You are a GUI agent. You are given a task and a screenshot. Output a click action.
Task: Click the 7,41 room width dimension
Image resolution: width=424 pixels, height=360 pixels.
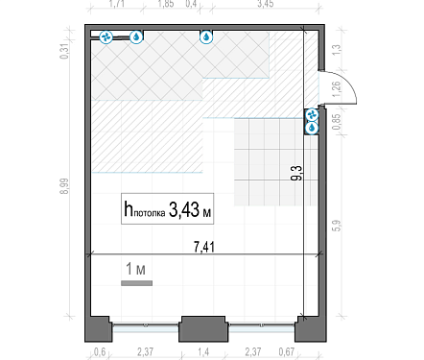pos(204,247)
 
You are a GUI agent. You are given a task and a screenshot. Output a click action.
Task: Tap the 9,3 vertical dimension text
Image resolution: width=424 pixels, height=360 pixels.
pos(296,173)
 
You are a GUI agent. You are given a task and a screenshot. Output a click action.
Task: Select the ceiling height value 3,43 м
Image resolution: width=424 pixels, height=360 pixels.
pos(190,210)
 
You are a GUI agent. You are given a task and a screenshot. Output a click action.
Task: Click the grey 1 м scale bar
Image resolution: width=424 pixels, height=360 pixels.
pos(136,283)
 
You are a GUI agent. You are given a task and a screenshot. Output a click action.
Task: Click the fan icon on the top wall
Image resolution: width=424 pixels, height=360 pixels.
pos(106,37)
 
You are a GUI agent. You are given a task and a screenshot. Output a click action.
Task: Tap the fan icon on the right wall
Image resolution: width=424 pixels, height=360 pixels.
pos(312,115)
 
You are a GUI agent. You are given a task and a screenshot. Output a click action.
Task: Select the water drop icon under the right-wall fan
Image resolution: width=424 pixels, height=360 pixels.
pos(312,129)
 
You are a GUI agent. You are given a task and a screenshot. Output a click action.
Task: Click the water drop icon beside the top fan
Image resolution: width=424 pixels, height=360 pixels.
pos(136,37)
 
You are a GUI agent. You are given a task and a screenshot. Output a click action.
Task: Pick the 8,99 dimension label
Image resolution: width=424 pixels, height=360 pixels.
pos(64,186)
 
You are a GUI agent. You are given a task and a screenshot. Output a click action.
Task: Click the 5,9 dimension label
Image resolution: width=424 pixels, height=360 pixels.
pos(337,226)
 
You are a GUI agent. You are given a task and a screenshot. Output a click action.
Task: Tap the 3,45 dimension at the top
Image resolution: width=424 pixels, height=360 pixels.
pos(266,4)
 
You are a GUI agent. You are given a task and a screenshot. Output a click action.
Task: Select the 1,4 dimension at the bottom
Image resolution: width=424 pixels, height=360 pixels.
pos(203,352)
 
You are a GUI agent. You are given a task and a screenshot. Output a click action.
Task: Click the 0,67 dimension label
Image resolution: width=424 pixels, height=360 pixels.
pos(287,352)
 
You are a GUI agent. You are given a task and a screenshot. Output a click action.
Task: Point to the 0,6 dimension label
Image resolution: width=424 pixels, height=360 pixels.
pos(100,352)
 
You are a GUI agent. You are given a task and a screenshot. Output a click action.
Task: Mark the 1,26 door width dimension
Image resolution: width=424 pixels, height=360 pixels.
pos(337,89)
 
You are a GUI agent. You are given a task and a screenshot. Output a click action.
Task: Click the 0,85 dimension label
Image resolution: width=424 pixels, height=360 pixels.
pos(337,122)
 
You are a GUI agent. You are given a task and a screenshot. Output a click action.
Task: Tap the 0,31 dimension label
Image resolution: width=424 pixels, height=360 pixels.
pos(64,51)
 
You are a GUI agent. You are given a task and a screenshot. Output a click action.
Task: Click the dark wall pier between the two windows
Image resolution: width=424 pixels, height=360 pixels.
pos(203,328)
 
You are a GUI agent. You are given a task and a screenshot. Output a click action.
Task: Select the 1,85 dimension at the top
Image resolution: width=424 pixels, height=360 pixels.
pos(166,4)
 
